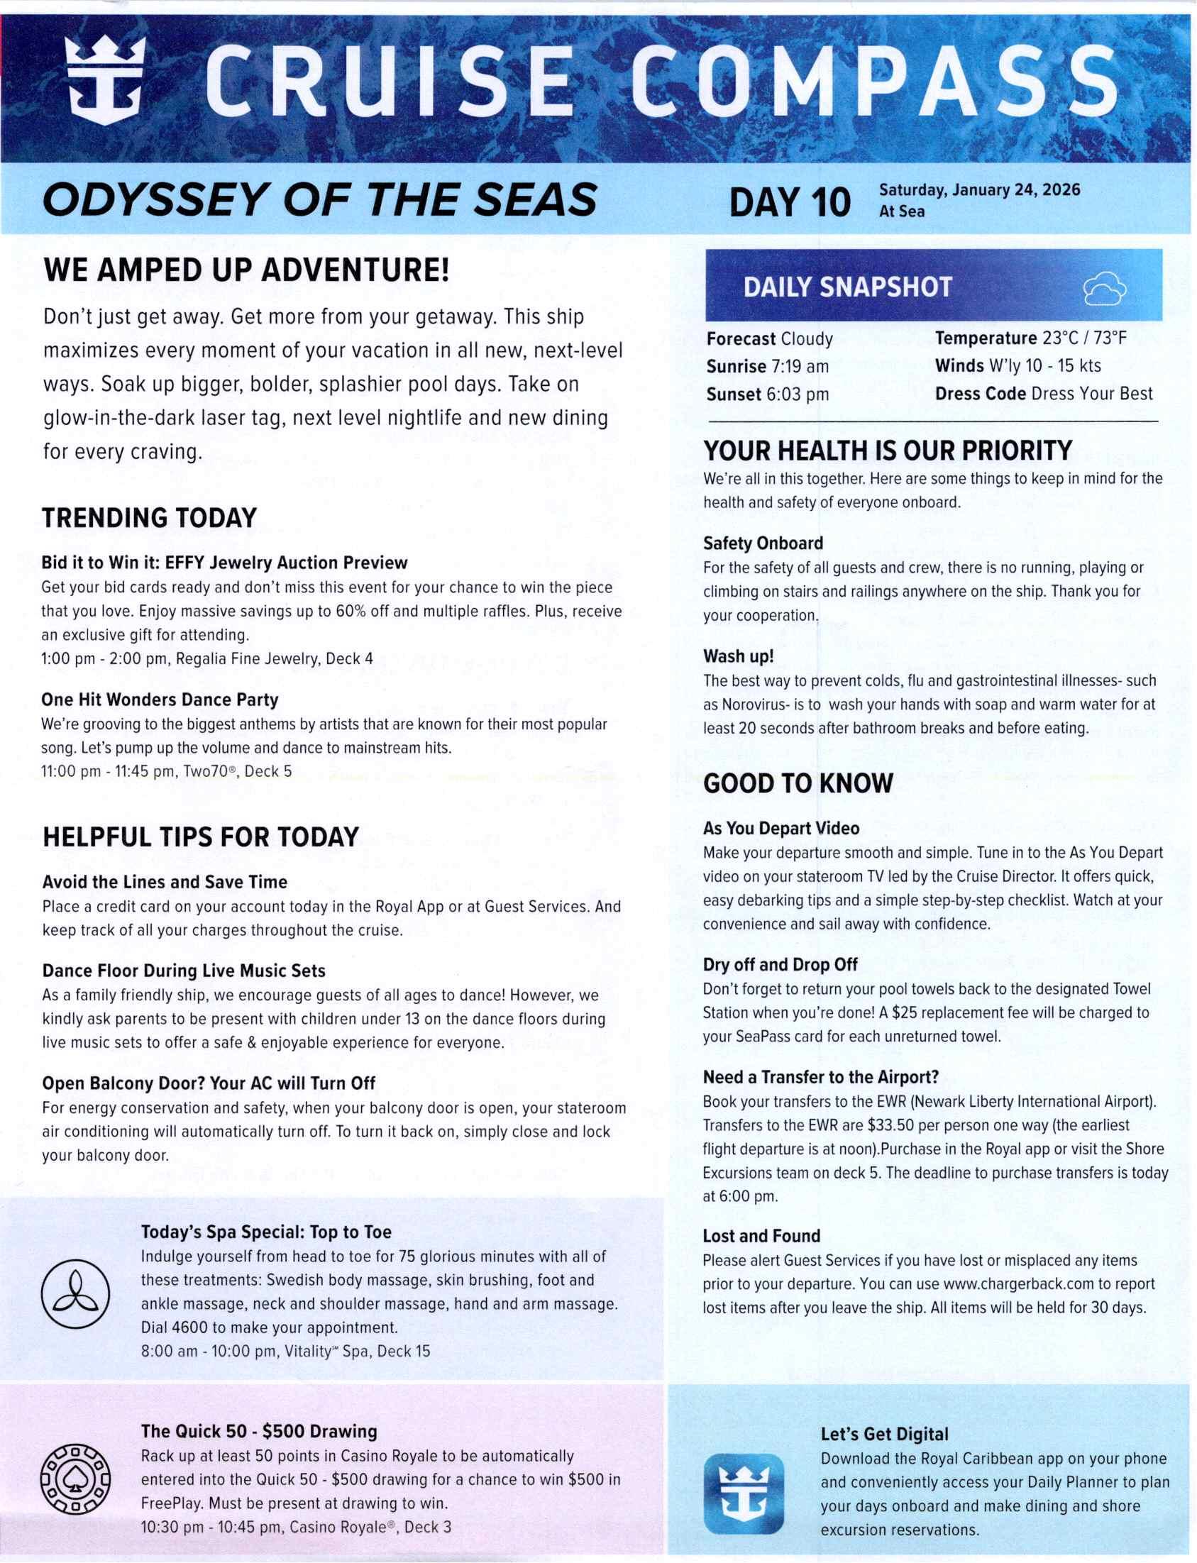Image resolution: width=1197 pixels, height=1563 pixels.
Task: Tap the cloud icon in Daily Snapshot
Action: [x=1104, y=288]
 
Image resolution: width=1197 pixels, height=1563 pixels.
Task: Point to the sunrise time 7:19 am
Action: [x=800, y=366]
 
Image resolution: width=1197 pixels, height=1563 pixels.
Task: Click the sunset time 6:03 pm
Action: [x=798, y=394]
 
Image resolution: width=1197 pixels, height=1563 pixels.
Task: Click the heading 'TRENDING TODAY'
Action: [x=149, y=518]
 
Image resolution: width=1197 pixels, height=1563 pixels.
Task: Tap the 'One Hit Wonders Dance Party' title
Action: [x=160, y=700]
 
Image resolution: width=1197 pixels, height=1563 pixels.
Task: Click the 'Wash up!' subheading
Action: [x=738, y=656]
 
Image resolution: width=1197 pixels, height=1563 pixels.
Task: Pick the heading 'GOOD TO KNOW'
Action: [x=798, y=784]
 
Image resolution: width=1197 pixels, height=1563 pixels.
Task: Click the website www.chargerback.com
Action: [x=1019, y=1283]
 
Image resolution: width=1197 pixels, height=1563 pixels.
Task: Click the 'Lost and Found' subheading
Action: [x=761, y=1235]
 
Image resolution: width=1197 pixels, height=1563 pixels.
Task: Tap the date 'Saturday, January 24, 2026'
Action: [x=980, y=190]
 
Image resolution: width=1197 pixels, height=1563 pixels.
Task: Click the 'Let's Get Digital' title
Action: [x=884, y=1434]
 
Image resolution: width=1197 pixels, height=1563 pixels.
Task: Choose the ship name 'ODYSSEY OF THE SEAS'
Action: [x=320, y=200]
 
